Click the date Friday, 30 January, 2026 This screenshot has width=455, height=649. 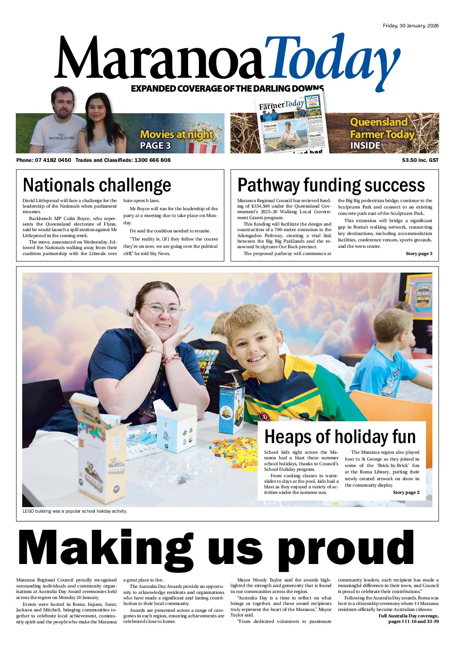[x=410, y=26]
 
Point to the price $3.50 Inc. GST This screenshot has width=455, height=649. [x=420, y=160]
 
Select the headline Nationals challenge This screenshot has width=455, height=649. [x=97, y=185]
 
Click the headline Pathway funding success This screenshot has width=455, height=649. [x=331, y=185]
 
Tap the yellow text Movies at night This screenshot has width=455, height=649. [x=176, y=135]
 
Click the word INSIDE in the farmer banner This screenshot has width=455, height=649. [x=365, y=146]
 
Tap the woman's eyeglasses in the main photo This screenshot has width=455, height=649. [x=162, y=309]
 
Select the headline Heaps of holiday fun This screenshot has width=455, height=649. [x=340, y=437]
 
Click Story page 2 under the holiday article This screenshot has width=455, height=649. [x=406, y=493]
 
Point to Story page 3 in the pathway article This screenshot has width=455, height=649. [x=419, y=254]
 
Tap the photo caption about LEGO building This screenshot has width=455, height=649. [x=75, y=511]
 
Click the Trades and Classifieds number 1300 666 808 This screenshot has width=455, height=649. [x=152, y=160]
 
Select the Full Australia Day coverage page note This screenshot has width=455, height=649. [x=408, y=618]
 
